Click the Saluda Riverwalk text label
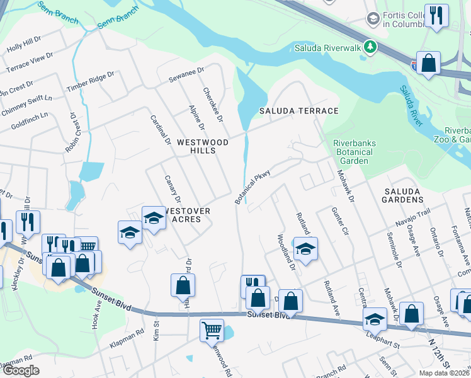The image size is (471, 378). pyautogui.click(x=329, y=48)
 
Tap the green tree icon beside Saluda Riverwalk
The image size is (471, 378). pyautogui.click(x=372, y=47)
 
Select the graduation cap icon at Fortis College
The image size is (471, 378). pyautogui.click(x=373, y=20)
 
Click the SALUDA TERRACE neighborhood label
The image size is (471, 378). pyautogui.click(x=299, y=111)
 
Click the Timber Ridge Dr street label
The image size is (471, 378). pyautogui.click(x=91, y=82)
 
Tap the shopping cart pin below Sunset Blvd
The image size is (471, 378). pyautogui.click(x=212, y=329)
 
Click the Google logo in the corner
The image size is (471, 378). pyautogui.click(x=20, y=371)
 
